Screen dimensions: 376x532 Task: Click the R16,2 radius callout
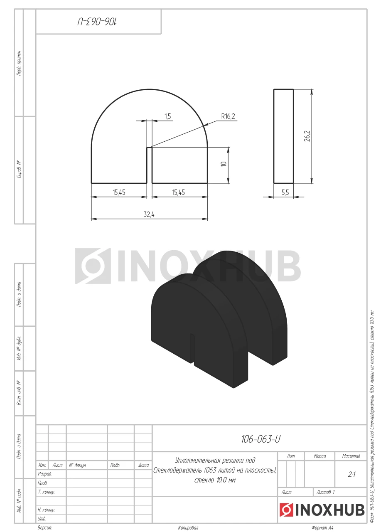coord(228,116)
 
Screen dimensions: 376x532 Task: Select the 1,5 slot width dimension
coord(167,116)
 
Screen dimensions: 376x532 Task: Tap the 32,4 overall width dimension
coord(149,214)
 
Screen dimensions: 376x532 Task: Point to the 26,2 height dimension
coord(307,136)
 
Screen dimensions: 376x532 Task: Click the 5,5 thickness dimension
coord(285,192)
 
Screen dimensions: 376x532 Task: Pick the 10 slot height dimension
coord(224,164)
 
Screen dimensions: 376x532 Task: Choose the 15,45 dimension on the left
coord(119,192)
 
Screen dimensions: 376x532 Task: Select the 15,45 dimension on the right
coord(179,192)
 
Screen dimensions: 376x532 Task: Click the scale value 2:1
coord(351,474)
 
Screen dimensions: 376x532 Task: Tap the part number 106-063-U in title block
coord(260,439)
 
